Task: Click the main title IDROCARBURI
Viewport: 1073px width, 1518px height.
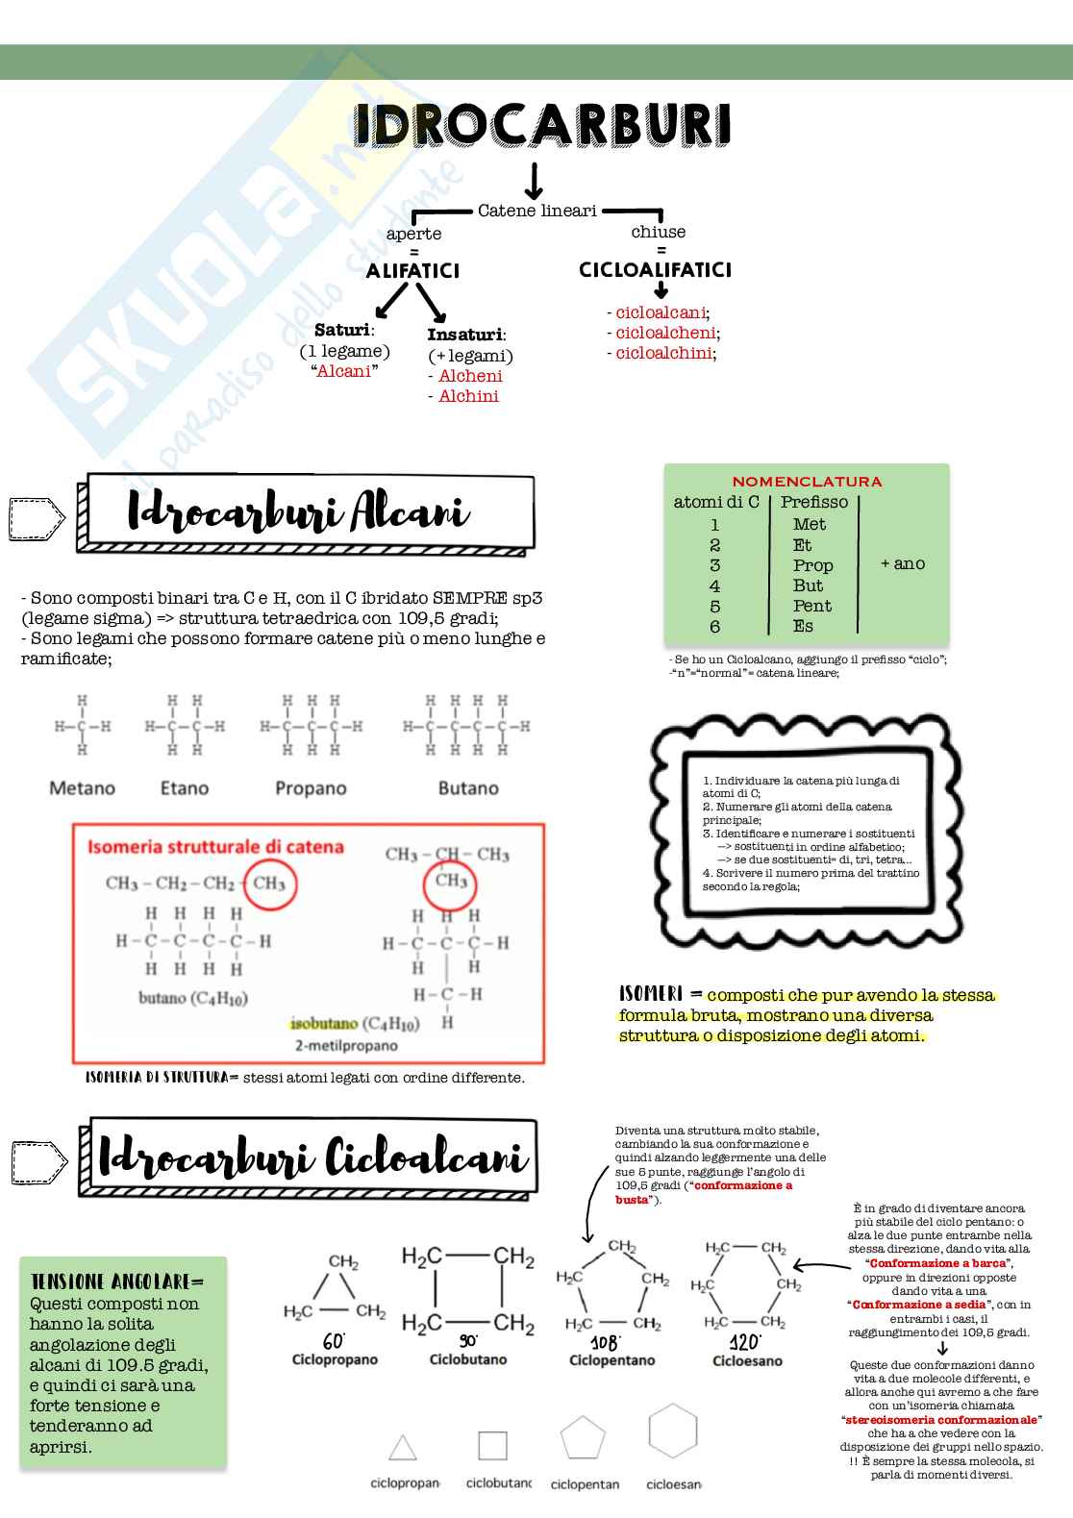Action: pyautogui.click(x=542, y=126)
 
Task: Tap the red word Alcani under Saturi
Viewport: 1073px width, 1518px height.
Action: pyautogui.click(x=343, y=372)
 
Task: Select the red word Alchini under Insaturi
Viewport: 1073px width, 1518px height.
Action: pyautogui.click(x=468, y=396)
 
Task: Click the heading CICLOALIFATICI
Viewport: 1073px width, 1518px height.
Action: pyautogui.click(x=655, y=270)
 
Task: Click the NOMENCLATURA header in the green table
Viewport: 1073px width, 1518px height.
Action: pyautogui.click(x=807, y=482)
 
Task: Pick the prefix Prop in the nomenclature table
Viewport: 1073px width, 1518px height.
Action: pyautogui.click(x=812, y=565)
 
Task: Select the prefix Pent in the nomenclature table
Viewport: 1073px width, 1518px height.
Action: pyautogui.click(x=812, y=606)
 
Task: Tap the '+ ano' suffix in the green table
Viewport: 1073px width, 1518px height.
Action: pyautogui.click(x=902, y=564)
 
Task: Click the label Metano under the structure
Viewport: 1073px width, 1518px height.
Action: pyautogui.click(x=82, y=788)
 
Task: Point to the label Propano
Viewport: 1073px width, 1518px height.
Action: pyautogui.click(x=311, y=788)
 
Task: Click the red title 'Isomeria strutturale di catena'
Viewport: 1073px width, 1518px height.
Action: pyautogui.click(x=215, y=847)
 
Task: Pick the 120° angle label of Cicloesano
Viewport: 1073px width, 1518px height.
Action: pyautogui.click(x=745, y=1342)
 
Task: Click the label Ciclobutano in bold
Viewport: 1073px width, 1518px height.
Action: pyautogui.click(x=467, y=1360)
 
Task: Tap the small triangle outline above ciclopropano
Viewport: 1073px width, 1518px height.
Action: pyautogui.click(x=403, y=1448)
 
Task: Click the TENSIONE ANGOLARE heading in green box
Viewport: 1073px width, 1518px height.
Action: pyautogui.click(x=117, y=1282)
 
